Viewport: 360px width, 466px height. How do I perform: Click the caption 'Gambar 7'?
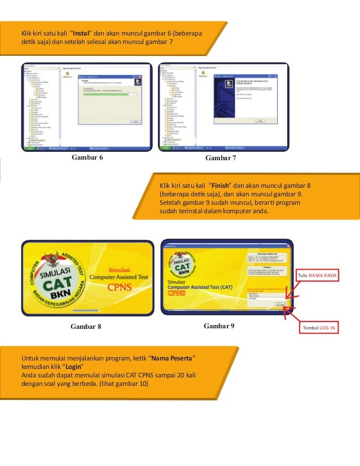pos(221,158)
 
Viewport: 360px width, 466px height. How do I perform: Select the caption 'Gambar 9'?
pos(219,326)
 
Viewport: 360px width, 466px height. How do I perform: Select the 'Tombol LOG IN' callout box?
pos(319,328)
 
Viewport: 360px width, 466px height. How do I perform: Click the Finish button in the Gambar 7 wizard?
pos(261,121)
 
